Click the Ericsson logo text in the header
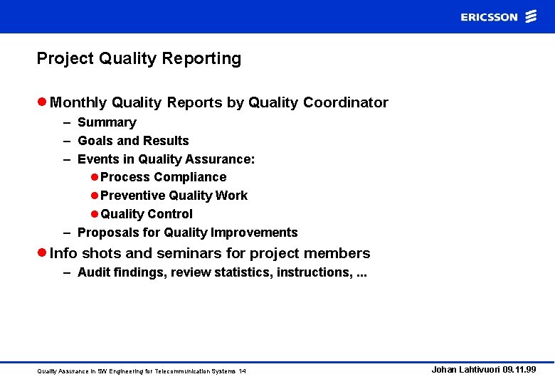click(489, 17)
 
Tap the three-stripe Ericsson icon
click(531, 17)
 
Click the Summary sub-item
click(107, 122)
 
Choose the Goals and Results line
click(133, 141)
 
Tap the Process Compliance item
click(163, 177)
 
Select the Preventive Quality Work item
click(174, 196)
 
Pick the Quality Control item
click(146, 214)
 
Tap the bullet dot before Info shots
click(41, 253)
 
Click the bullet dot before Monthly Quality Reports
click(41, 102)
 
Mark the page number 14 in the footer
click(243, 371)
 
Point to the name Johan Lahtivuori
click(465, 370)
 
